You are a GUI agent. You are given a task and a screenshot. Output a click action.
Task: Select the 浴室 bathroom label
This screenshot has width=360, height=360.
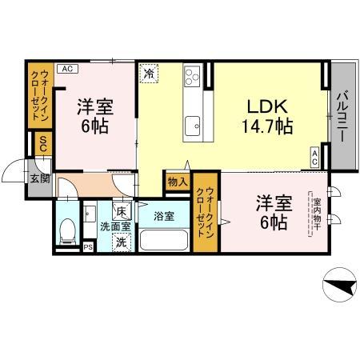(165, 217)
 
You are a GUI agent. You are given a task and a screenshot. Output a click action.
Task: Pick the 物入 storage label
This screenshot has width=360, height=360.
(178, 182)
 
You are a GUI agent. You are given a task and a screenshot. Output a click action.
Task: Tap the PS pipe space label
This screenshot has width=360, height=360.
(88, 247)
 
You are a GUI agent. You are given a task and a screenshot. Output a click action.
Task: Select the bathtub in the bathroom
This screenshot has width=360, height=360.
(165, 239)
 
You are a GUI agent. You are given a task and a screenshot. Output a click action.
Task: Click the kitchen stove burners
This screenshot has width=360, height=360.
(193, 78)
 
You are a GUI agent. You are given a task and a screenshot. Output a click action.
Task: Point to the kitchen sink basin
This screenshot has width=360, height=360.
(193, 124)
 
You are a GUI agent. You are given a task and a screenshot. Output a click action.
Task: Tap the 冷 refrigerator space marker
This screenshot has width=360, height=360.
(150, 74)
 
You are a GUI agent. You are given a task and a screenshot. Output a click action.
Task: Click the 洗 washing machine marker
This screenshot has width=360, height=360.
(120, 242)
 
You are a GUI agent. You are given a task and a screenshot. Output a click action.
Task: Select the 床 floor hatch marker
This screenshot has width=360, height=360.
(121, 212)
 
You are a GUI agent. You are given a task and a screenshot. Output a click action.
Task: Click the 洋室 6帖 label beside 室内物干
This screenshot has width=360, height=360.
(272, 213)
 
